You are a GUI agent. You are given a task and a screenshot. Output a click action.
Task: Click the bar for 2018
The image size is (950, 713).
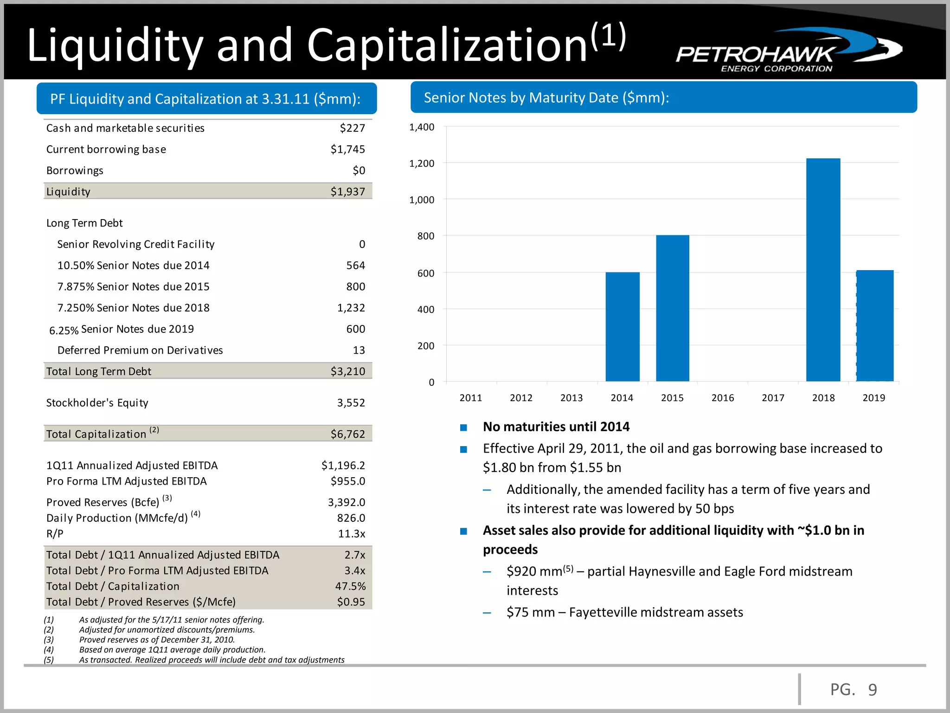(823, 270)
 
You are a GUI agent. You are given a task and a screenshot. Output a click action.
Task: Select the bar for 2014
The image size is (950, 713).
(623, 327)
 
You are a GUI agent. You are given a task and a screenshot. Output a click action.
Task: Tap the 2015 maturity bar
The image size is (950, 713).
(673, 308)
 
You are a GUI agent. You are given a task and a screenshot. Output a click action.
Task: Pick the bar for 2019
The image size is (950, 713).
(875, 326)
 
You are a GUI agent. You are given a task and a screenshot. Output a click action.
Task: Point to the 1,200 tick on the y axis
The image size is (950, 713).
(422, 163)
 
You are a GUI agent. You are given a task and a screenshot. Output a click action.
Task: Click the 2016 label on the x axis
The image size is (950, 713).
(722, 398)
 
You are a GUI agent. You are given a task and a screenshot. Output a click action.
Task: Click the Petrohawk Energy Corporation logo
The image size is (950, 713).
(789, 50)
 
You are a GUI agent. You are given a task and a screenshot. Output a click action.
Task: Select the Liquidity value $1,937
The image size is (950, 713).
(347, 192)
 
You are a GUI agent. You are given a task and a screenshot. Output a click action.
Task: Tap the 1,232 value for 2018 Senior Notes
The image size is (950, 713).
(351, 308)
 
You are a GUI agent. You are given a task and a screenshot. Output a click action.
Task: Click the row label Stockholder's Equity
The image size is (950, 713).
(97, 403)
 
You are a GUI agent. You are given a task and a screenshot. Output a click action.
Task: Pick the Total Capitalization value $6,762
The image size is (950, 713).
(347, 434)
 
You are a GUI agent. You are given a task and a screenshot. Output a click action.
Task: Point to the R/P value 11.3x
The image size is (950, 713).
(351, 534)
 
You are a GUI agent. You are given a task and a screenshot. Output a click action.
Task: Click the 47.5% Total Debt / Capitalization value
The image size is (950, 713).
(350, 586)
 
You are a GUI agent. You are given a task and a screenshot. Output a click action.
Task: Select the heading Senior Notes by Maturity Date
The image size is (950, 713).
(546, 97)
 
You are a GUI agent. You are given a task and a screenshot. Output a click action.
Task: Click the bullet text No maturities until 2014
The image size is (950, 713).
(556, 427)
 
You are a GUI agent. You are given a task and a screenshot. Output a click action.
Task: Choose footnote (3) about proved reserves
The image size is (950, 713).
(157, 640)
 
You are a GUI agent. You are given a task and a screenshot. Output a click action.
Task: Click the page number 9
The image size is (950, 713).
(872, 690)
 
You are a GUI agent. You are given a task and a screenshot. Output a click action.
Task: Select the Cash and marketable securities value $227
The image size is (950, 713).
(352, 128)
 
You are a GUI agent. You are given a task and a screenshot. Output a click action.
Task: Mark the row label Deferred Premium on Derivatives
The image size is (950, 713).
(140, 350)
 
